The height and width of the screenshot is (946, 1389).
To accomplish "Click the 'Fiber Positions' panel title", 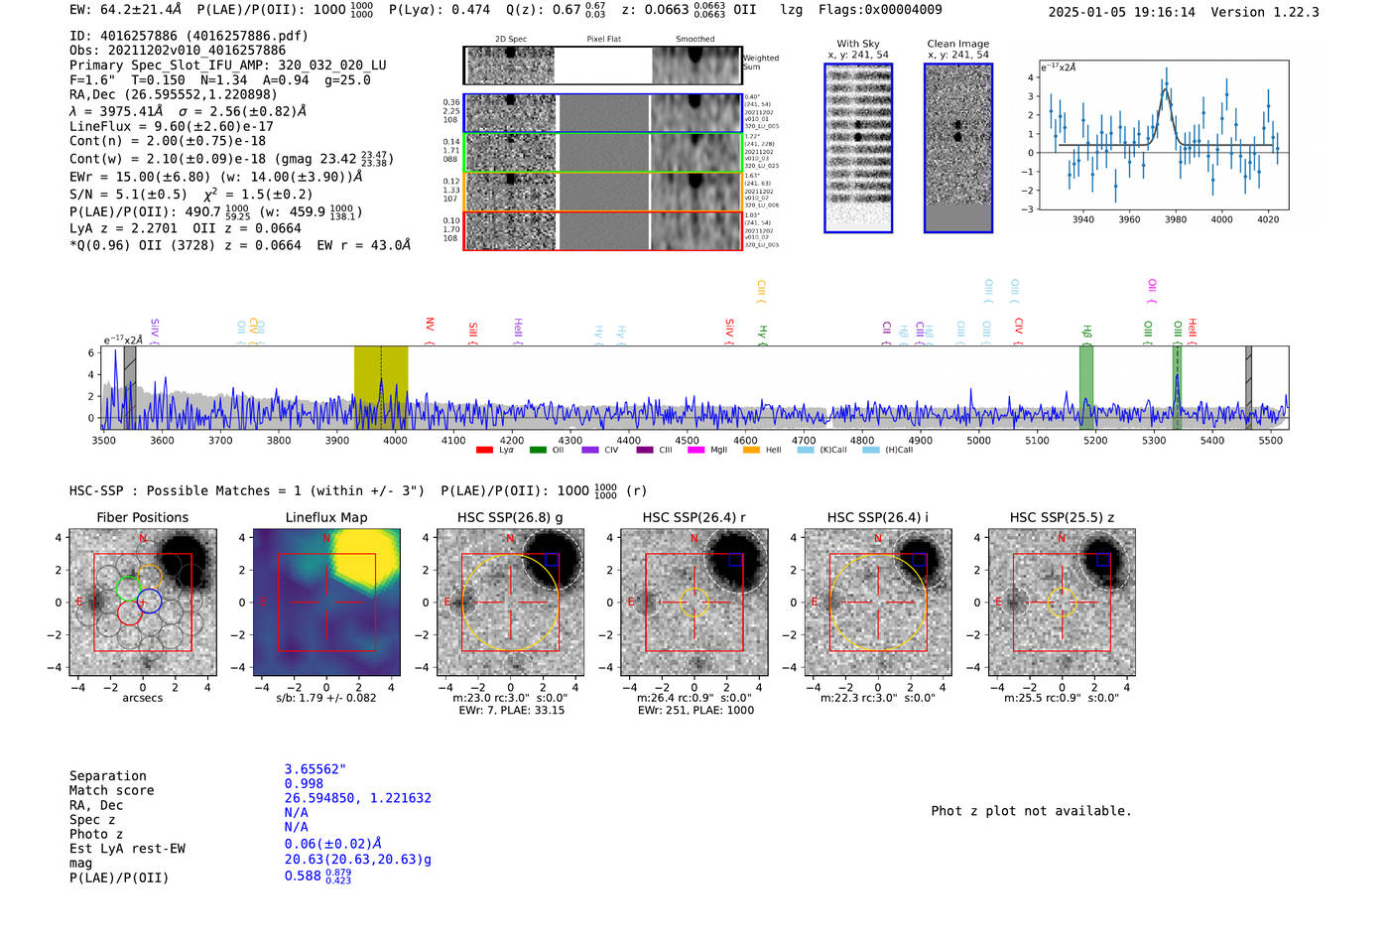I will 142,517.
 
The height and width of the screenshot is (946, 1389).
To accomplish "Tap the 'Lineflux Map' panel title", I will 326,517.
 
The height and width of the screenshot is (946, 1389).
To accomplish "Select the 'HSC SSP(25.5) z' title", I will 1062,517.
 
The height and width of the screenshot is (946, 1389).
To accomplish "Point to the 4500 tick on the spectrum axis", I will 687,440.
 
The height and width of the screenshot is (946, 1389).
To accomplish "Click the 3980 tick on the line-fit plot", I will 1176,219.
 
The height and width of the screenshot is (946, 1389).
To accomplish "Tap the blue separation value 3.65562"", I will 316,769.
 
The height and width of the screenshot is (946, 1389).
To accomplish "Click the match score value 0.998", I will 304,783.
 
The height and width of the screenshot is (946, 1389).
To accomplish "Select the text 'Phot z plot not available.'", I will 1031,811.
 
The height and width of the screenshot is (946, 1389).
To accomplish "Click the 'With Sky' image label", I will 858,44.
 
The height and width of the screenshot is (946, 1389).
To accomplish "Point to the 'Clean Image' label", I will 958,44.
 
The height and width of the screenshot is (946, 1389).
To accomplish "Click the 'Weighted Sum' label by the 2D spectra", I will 761,63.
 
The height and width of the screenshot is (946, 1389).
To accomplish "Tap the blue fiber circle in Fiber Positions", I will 149,601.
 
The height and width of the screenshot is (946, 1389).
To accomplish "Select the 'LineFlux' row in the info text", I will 171,126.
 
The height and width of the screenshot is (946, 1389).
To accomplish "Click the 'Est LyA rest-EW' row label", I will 127,849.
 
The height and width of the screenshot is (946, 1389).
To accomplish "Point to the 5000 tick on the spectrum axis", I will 978,440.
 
